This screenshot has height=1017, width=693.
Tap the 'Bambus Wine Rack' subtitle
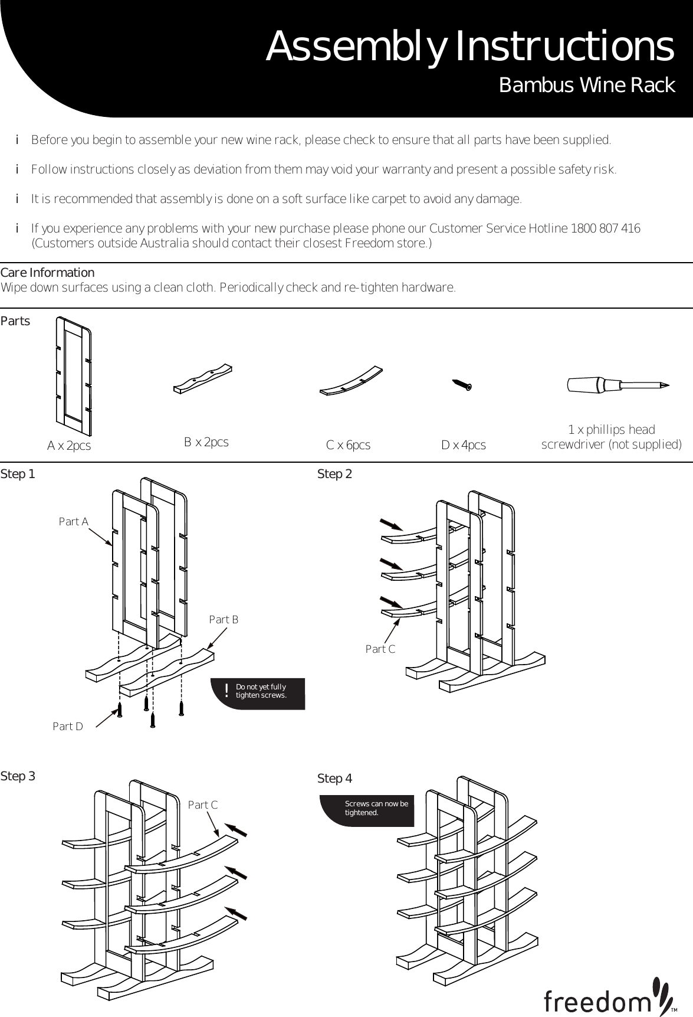point(586,86)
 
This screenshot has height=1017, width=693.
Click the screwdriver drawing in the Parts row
point(617,385)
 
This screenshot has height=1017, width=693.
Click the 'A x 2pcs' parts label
point(69,446)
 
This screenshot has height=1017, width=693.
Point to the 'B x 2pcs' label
point(206,442)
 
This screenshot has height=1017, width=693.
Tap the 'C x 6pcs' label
point(348,446)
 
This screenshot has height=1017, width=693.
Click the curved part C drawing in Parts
point(351,381)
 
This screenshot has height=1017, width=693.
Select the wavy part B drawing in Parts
point(203,378)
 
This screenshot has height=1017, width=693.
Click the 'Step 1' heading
point(18,474)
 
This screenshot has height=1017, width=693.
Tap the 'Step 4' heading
point(334,779)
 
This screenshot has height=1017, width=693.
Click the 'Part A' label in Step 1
point(73,522)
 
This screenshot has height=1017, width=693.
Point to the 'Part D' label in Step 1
point(68,727)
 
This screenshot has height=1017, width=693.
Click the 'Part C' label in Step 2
point(380,649)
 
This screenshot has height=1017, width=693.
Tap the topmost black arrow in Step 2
point(391,525)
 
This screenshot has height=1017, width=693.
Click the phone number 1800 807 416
point(606,228)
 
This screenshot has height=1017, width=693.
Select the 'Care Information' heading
point(47,273)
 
